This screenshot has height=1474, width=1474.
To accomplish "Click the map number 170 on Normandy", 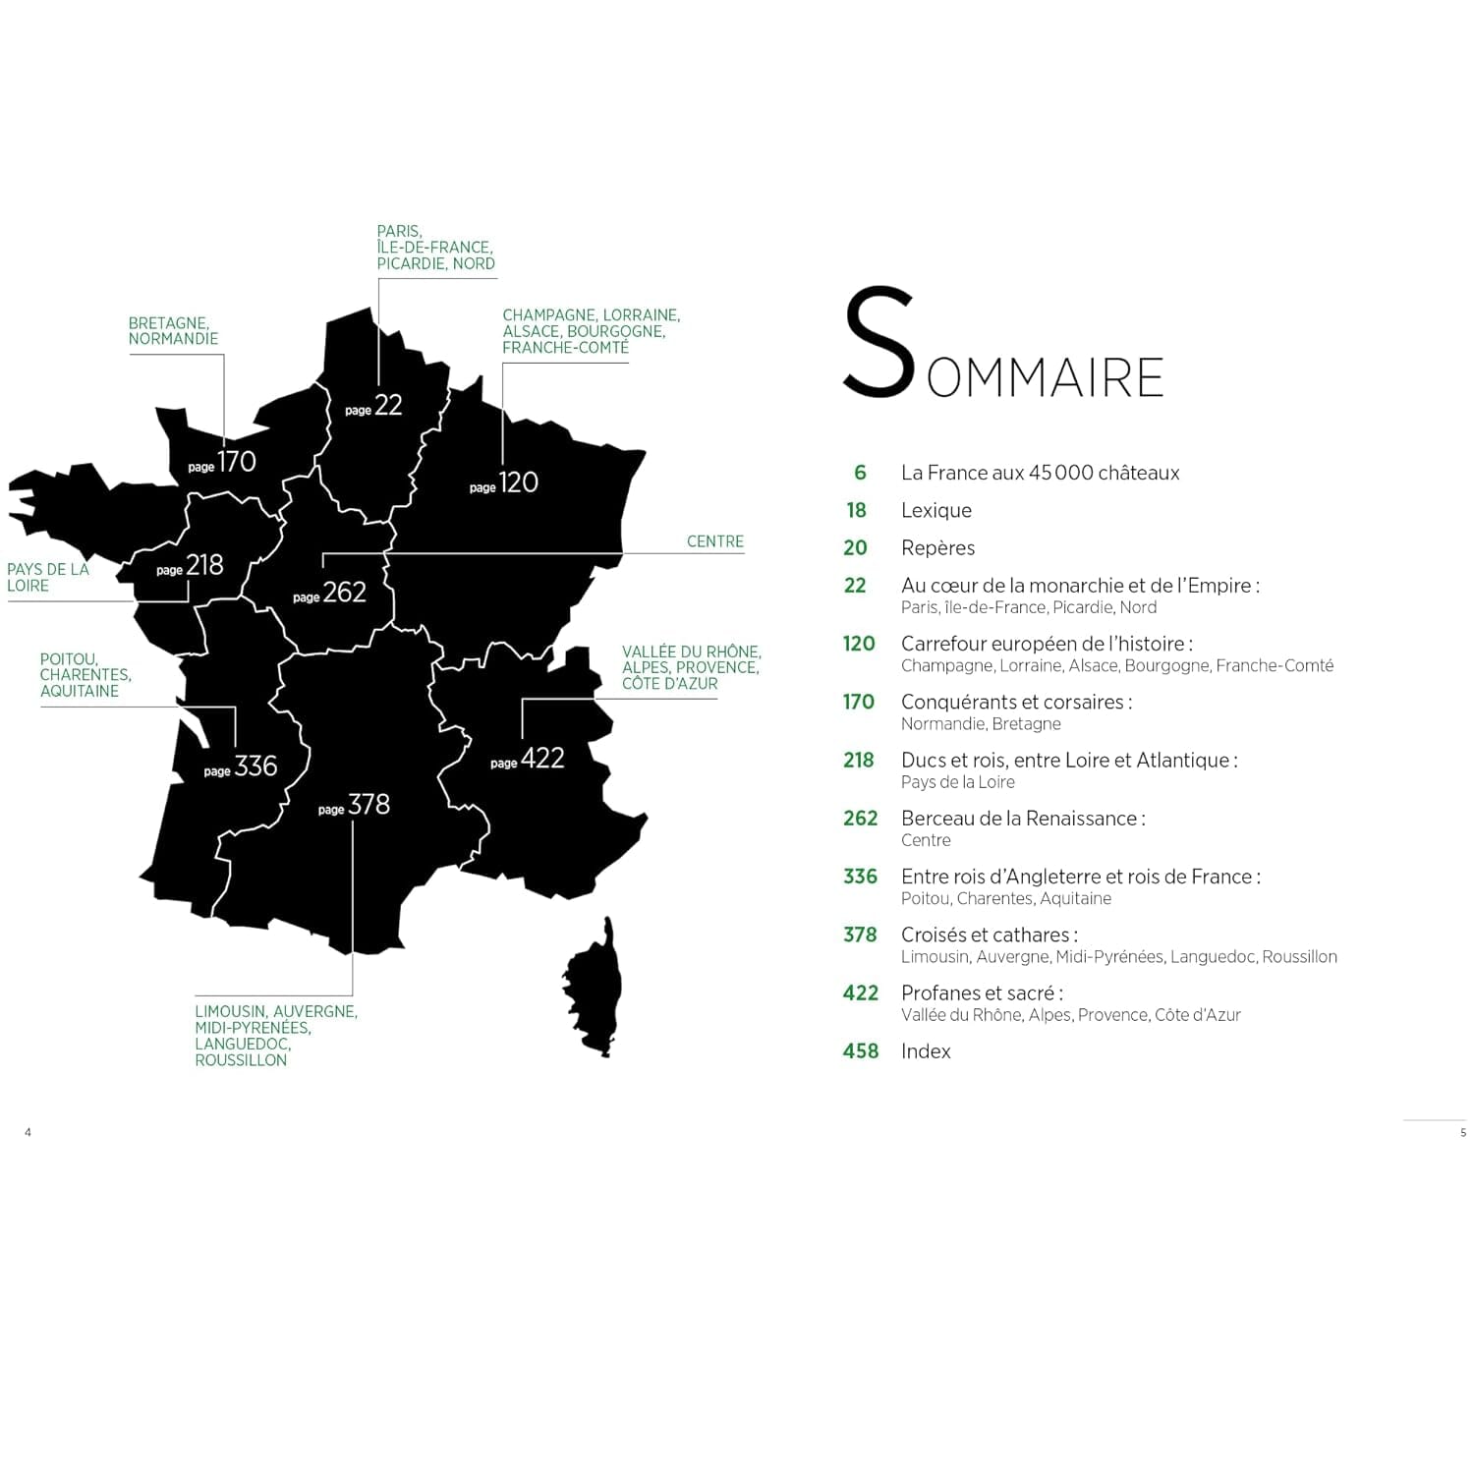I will [x=237, y=462].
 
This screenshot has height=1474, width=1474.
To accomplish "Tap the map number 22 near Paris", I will [x=388, y=405].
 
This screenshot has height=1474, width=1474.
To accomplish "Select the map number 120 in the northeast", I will [x=518, y=482].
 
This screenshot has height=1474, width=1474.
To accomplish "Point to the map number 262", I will [x=344, y=593].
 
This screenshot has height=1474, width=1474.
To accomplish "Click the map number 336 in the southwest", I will [x=255, y=766].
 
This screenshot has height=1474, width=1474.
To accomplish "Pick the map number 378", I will [x=368, y=805].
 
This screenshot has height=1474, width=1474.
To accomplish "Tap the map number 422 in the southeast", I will [x=542, y=759].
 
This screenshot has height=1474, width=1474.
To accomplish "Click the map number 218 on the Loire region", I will [x=204, y=565].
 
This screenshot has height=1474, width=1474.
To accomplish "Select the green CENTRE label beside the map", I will [x=714, y=541].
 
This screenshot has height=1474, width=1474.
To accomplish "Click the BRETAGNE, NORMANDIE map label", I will [x=173, y=331].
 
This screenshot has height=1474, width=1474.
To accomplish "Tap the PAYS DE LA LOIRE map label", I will [x=47, y=578].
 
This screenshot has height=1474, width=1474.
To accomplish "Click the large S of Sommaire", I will [x=878, y=343].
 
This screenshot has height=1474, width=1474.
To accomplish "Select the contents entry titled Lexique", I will [x=935, y=511].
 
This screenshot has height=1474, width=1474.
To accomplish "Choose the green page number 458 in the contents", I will [x=860, y=1051].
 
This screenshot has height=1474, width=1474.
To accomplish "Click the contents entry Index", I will [x=926, y=1051].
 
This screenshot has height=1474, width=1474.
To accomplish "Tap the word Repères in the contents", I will [x=937, y=548].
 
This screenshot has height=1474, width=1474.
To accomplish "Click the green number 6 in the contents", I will [x=860, y=473].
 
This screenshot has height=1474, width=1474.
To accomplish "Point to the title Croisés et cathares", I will [x=989, y=935].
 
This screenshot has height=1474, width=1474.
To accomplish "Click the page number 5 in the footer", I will [x=1462, y=1133].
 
